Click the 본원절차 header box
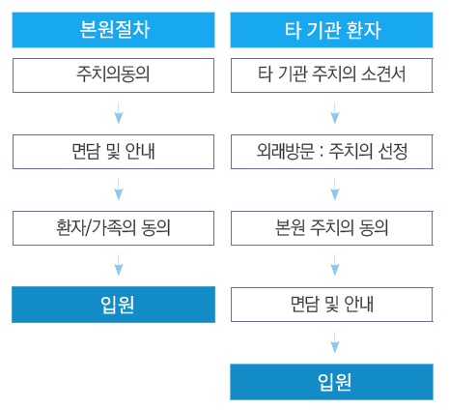pos(113,30)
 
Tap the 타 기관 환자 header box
pos(331,30)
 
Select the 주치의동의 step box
pos(113,75)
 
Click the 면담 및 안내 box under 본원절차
pos(113,152)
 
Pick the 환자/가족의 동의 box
pos(113,228)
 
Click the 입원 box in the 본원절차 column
pos(113,305)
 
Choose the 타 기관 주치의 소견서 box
pos(332,75)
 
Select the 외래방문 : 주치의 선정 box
pos(332,152)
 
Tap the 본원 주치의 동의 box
pos(332,228)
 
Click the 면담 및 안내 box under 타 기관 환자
pos(332,305)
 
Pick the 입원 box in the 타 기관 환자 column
pos(331,382)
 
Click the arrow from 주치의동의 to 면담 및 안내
pos(119,113)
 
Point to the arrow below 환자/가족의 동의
pos(119,265)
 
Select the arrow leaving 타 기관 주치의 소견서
pos(335,113)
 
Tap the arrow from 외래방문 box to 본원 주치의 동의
pos(335,190)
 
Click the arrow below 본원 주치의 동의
pos(335,265)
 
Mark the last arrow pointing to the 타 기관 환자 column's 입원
pos(335,342)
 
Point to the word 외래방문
pos(286,151)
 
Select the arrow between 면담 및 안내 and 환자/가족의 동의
pos(119,190)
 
